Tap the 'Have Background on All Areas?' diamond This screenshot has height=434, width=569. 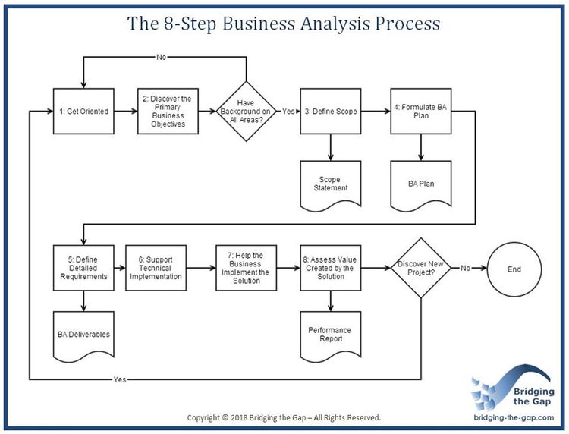247,112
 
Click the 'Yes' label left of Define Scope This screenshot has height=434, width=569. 289,112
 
